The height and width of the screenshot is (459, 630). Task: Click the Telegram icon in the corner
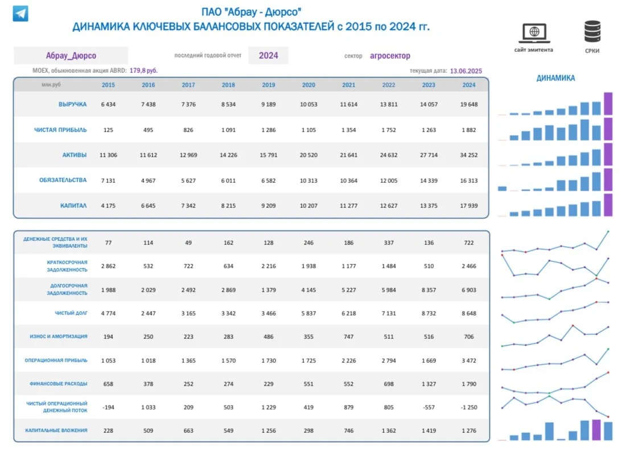(20, 14)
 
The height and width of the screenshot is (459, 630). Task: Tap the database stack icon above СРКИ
(592, 31)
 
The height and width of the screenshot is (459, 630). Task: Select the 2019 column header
(269, 85)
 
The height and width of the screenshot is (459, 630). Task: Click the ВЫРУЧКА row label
(73, 104)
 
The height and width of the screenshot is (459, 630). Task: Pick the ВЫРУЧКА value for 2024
(469, 104)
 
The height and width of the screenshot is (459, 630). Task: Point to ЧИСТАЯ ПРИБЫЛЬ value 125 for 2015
(108, 130)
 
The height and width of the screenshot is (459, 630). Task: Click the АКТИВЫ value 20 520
(308, 155)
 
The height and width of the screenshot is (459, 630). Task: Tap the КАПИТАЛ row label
(73, 206)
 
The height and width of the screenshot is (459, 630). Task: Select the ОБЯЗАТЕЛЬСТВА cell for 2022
(389, 181)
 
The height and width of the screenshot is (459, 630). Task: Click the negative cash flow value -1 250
(469, 407)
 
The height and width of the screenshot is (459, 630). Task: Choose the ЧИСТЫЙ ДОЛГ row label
(71, 313)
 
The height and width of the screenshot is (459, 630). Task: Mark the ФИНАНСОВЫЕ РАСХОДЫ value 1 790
(469, 384)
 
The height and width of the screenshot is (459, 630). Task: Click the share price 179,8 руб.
(143, 71)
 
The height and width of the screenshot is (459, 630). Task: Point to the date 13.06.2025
(466, 71)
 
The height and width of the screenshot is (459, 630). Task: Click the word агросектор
(390, 56)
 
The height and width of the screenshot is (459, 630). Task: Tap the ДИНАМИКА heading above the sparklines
(555, 78)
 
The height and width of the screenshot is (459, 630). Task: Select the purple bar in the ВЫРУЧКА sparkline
(608, 104)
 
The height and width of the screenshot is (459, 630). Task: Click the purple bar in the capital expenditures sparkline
(596, 429)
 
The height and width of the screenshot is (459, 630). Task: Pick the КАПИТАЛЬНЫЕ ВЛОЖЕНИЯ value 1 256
(269, 431)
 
